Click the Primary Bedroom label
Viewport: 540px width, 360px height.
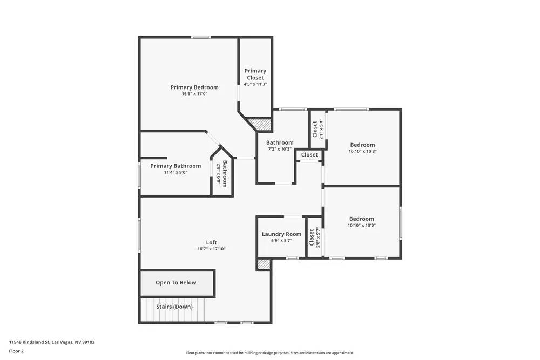[x=194, y=87]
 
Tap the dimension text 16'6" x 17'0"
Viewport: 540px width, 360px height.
[x=194, y=94]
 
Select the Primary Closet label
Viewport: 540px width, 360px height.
[x=255, y=74]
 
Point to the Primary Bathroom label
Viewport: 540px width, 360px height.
[x=175, y=166]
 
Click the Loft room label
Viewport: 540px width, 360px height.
[x=211, y=242]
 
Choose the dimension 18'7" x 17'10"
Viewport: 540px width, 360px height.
[x=211, y=249]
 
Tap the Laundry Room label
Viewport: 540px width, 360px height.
[x=281, y=234]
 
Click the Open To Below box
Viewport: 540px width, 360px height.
[x=176, y=282]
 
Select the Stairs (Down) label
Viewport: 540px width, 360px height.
[x=174, y=307]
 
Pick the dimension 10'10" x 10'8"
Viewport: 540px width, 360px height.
[x=362, y=152]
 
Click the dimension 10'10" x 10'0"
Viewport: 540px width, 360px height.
[x=361, y=225]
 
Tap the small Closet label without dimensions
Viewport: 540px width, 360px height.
[x=309, y=155]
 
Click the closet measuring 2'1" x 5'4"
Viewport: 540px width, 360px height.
[x=318, y=129]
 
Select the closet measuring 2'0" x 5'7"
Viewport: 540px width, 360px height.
[x=314, y=237]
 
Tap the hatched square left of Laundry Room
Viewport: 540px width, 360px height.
[x=264, y=264]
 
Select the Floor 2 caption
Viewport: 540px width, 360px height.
[x=16, y=351]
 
